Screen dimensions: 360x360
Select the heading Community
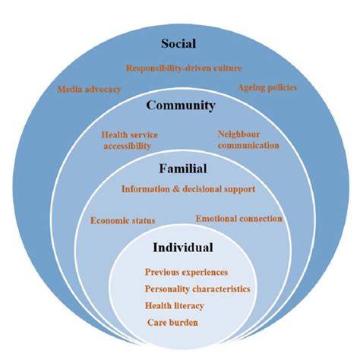click(x=180, y=106)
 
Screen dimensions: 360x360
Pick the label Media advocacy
click(x=89, y=89)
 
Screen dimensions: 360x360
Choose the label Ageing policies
click(x=267, y=87)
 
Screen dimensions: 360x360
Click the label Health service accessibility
click(x=126, y=140)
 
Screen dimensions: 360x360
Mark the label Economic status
click(x=122, y=221)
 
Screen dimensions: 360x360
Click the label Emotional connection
click(x=239, y=219)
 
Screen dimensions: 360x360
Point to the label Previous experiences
click(x=186, y=272)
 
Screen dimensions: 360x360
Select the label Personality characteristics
click(x=197, y=289)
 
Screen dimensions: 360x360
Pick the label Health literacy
click(x=175, y=305)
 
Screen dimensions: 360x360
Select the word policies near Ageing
click(x=280, y=87)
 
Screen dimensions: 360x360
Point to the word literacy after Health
click(x=191, y=305)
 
